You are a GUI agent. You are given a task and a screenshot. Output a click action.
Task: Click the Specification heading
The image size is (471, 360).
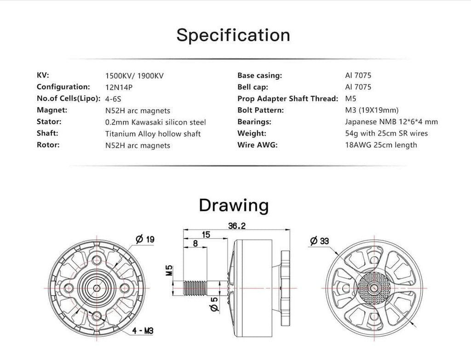[x=233, y=35]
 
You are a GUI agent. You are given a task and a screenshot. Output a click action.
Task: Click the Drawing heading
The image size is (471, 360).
[x=234, y=206]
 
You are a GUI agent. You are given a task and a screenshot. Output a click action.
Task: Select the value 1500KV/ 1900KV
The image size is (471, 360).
[x=134, y=76]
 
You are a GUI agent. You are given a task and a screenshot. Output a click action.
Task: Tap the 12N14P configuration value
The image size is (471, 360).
[x=119, y=87]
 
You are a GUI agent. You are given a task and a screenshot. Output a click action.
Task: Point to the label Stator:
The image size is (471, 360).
[x=49, y=121]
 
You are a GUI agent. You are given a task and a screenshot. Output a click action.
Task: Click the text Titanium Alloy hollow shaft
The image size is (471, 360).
[x=153, y=134]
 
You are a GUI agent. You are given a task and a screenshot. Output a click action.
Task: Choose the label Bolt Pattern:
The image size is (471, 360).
[x=260, y=110]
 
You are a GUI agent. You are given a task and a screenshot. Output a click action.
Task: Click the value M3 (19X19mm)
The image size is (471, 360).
[x=372, y=110]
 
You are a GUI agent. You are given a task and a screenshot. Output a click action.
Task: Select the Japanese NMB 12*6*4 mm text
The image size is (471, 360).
[x=391, y=122]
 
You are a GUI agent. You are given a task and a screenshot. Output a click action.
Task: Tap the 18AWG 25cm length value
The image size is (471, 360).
[x=381, y=145]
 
